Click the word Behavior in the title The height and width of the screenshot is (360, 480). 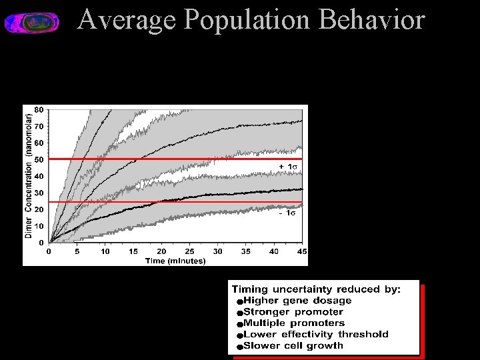pos(371,20)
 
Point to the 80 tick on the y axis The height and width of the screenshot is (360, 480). pos(39,109)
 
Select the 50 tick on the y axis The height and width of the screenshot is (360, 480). pos(39,159)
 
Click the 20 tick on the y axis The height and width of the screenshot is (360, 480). pos(39,209)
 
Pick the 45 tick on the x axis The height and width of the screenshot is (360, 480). pos(302,252)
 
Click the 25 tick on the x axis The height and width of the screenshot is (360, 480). pos(189,252)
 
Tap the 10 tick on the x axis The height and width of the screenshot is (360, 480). pos(105,252)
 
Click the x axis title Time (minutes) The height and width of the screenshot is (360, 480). pos(175,261)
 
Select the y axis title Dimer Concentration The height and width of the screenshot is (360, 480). pos(29,176)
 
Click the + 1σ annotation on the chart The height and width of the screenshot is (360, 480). pos(287,166)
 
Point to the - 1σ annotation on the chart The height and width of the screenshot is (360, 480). pos(287,213)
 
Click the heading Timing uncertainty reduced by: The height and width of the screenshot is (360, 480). pos(316,289)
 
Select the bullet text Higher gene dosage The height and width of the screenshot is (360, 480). pos(297,301)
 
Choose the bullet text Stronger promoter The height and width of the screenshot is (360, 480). pos(293,312)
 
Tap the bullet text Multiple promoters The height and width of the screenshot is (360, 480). pos(294,323)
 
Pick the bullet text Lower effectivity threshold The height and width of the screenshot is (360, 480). pos(316,335)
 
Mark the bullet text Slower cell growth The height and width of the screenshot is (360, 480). pos(293,346)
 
